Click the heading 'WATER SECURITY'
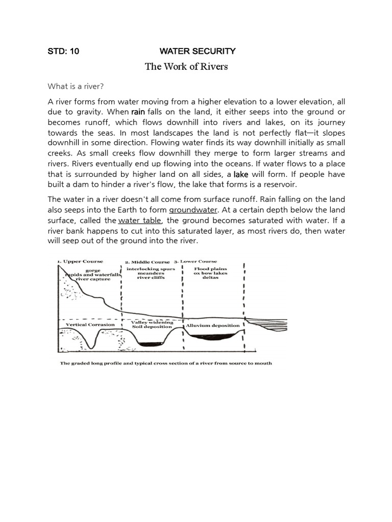coord(198,51)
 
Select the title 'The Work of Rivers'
coord(186,66)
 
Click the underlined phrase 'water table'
coord(140,220)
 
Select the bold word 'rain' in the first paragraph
coord(138,112)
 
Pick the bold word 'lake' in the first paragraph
coord(240,174)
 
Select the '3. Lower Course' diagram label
coord(195,262)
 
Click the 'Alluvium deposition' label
coord(212,325)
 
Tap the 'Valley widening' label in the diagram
coord(152,322)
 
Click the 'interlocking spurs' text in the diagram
coord(151,268)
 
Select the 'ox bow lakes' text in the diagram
coord(211,273)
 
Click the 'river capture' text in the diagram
coord(93,279)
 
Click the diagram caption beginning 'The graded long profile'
coord(166,363)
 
